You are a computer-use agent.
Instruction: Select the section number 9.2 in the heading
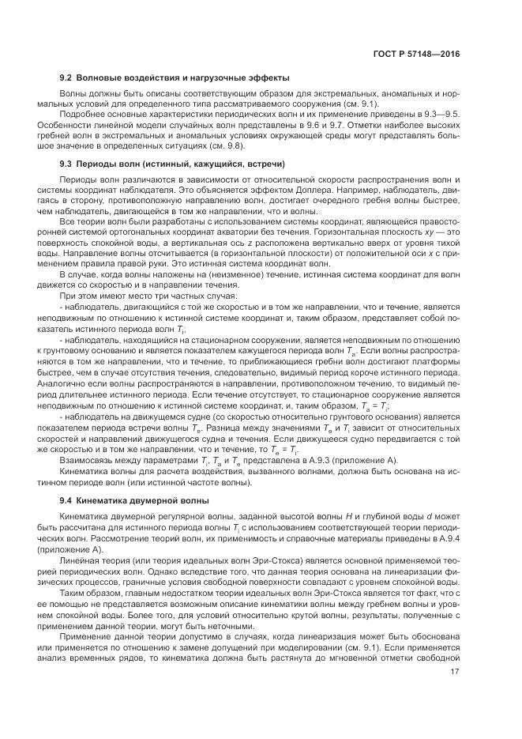[x=67, y=77]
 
